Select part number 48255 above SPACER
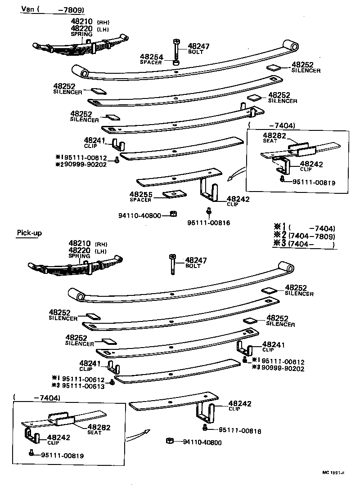point(141,195)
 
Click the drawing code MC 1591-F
point(333,473)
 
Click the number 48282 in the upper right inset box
point(273,135)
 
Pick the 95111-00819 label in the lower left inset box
point(62,455)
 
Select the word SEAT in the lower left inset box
point(94,433)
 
